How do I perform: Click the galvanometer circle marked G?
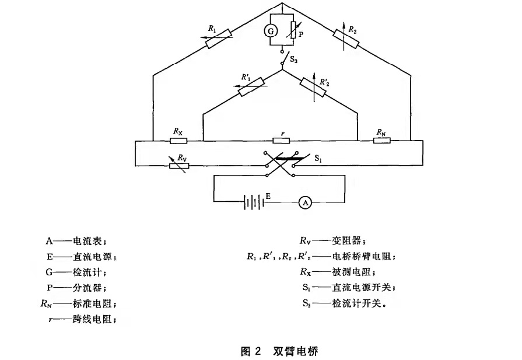point(271,32)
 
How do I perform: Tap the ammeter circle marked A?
point(305,202)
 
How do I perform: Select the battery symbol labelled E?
point(254,202)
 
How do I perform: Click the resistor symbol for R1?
point(219,39)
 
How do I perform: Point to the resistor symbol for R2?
point(346,39)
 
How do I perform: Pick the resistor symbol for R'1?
point(252,87)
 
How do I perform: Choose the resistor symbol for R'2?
point(313,88)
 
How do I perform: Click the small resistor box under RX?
point(178,141)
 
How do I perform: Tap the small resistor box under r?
point(281,141)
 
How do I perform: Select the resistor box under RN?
point(382,141)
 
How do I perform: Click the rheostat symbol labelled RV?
point(179,166)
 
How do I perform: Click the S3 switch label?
point(293,60)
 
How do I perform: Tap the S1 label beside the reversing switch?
point(318,159)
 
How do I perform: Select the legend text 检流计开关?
point(356,303)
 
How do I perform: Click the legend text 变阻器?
point(346,241)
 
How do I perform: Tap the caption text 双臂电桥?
point(296,351)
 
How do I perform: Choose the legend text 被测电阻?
point(351,272)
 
